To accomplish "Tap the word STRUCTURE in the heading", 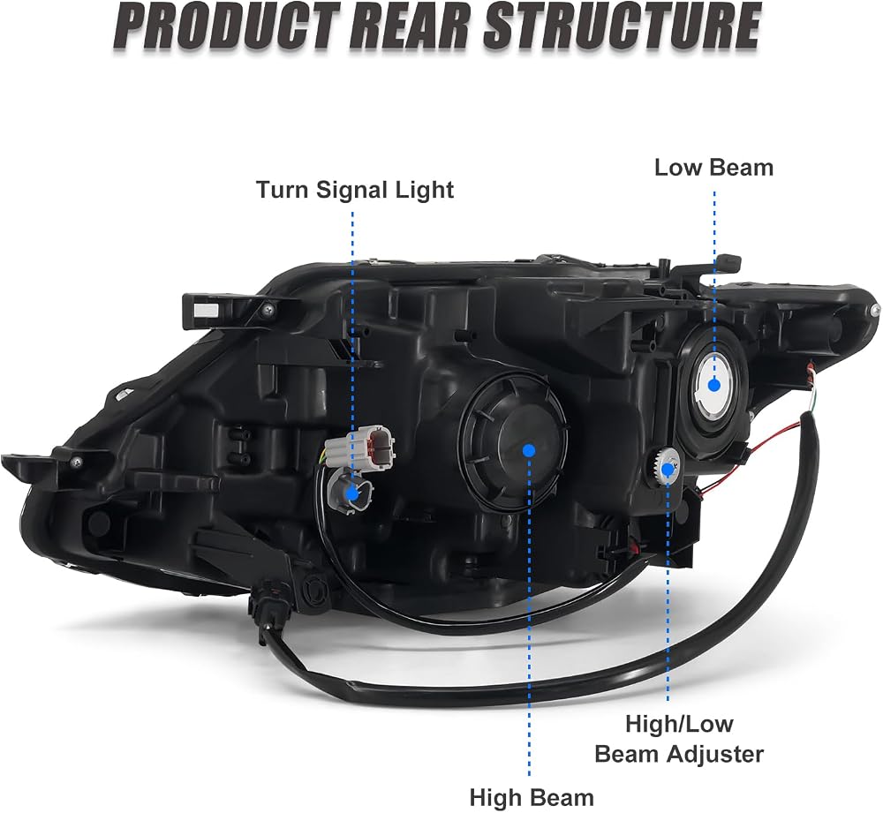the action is [623, 26].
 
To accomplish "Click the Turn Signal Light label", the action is [355, 190].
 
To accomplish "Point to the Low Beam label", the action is [713, 168].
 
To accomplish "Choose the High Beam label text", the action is [532, 797].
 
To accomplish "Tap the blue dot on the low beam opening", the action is [714, 385].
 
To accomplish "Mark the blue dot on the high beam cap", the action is [528, 450].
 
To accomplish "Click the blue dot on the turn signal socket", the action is [352, 493].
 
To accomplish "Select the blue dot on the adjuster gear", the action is [668, 469].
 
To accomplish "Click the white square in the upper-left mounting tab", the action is [205, 308].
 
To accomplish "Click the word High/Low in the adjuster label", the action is [679, 724].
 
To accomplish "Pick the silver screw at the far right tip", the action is [874, 310].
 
